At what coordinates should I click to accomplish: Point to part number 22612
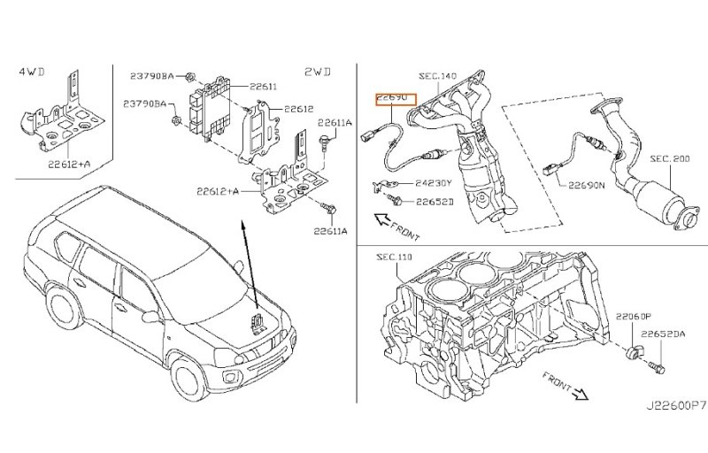click(x=298, y=110)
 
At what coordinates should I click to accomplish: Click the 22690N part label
click(x=586, y=187)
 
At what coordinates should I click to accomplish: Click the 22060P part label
click(x=633, y=316)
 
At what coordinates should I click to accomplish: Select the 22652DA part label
click(x=665, y=334)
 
